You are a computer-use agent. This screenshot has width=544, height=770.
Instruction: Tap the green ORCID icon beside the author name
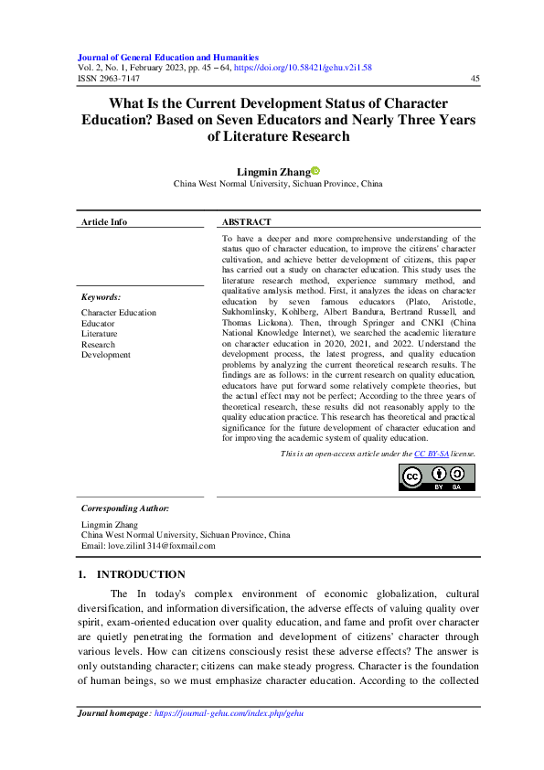[315, 170]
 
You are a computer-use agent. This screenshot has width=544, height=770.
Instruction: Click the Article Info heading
[104, 222]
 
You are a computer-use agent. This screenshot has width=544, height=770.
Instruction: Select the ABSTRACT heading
[247, 222]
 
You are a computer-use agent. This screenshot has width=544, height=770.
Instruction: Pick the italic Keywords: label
[101, 297]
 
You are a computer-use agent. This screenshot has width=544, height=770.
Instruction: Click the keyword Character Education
[118, 313]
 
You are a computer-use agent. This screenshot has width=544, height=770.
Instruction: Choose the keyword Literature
[99, 334]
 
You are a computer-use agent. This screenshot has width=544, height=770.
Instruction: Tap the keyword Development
[105, 355]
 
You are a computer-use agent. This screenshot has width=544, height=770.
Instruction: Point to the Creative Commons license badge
[436, 476]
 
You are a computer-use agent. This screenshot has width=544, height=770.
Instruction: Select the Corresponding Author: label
[124, 508]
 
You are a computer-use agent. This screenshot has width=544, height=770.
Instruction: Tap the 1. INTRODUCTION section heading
[132, 574]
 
